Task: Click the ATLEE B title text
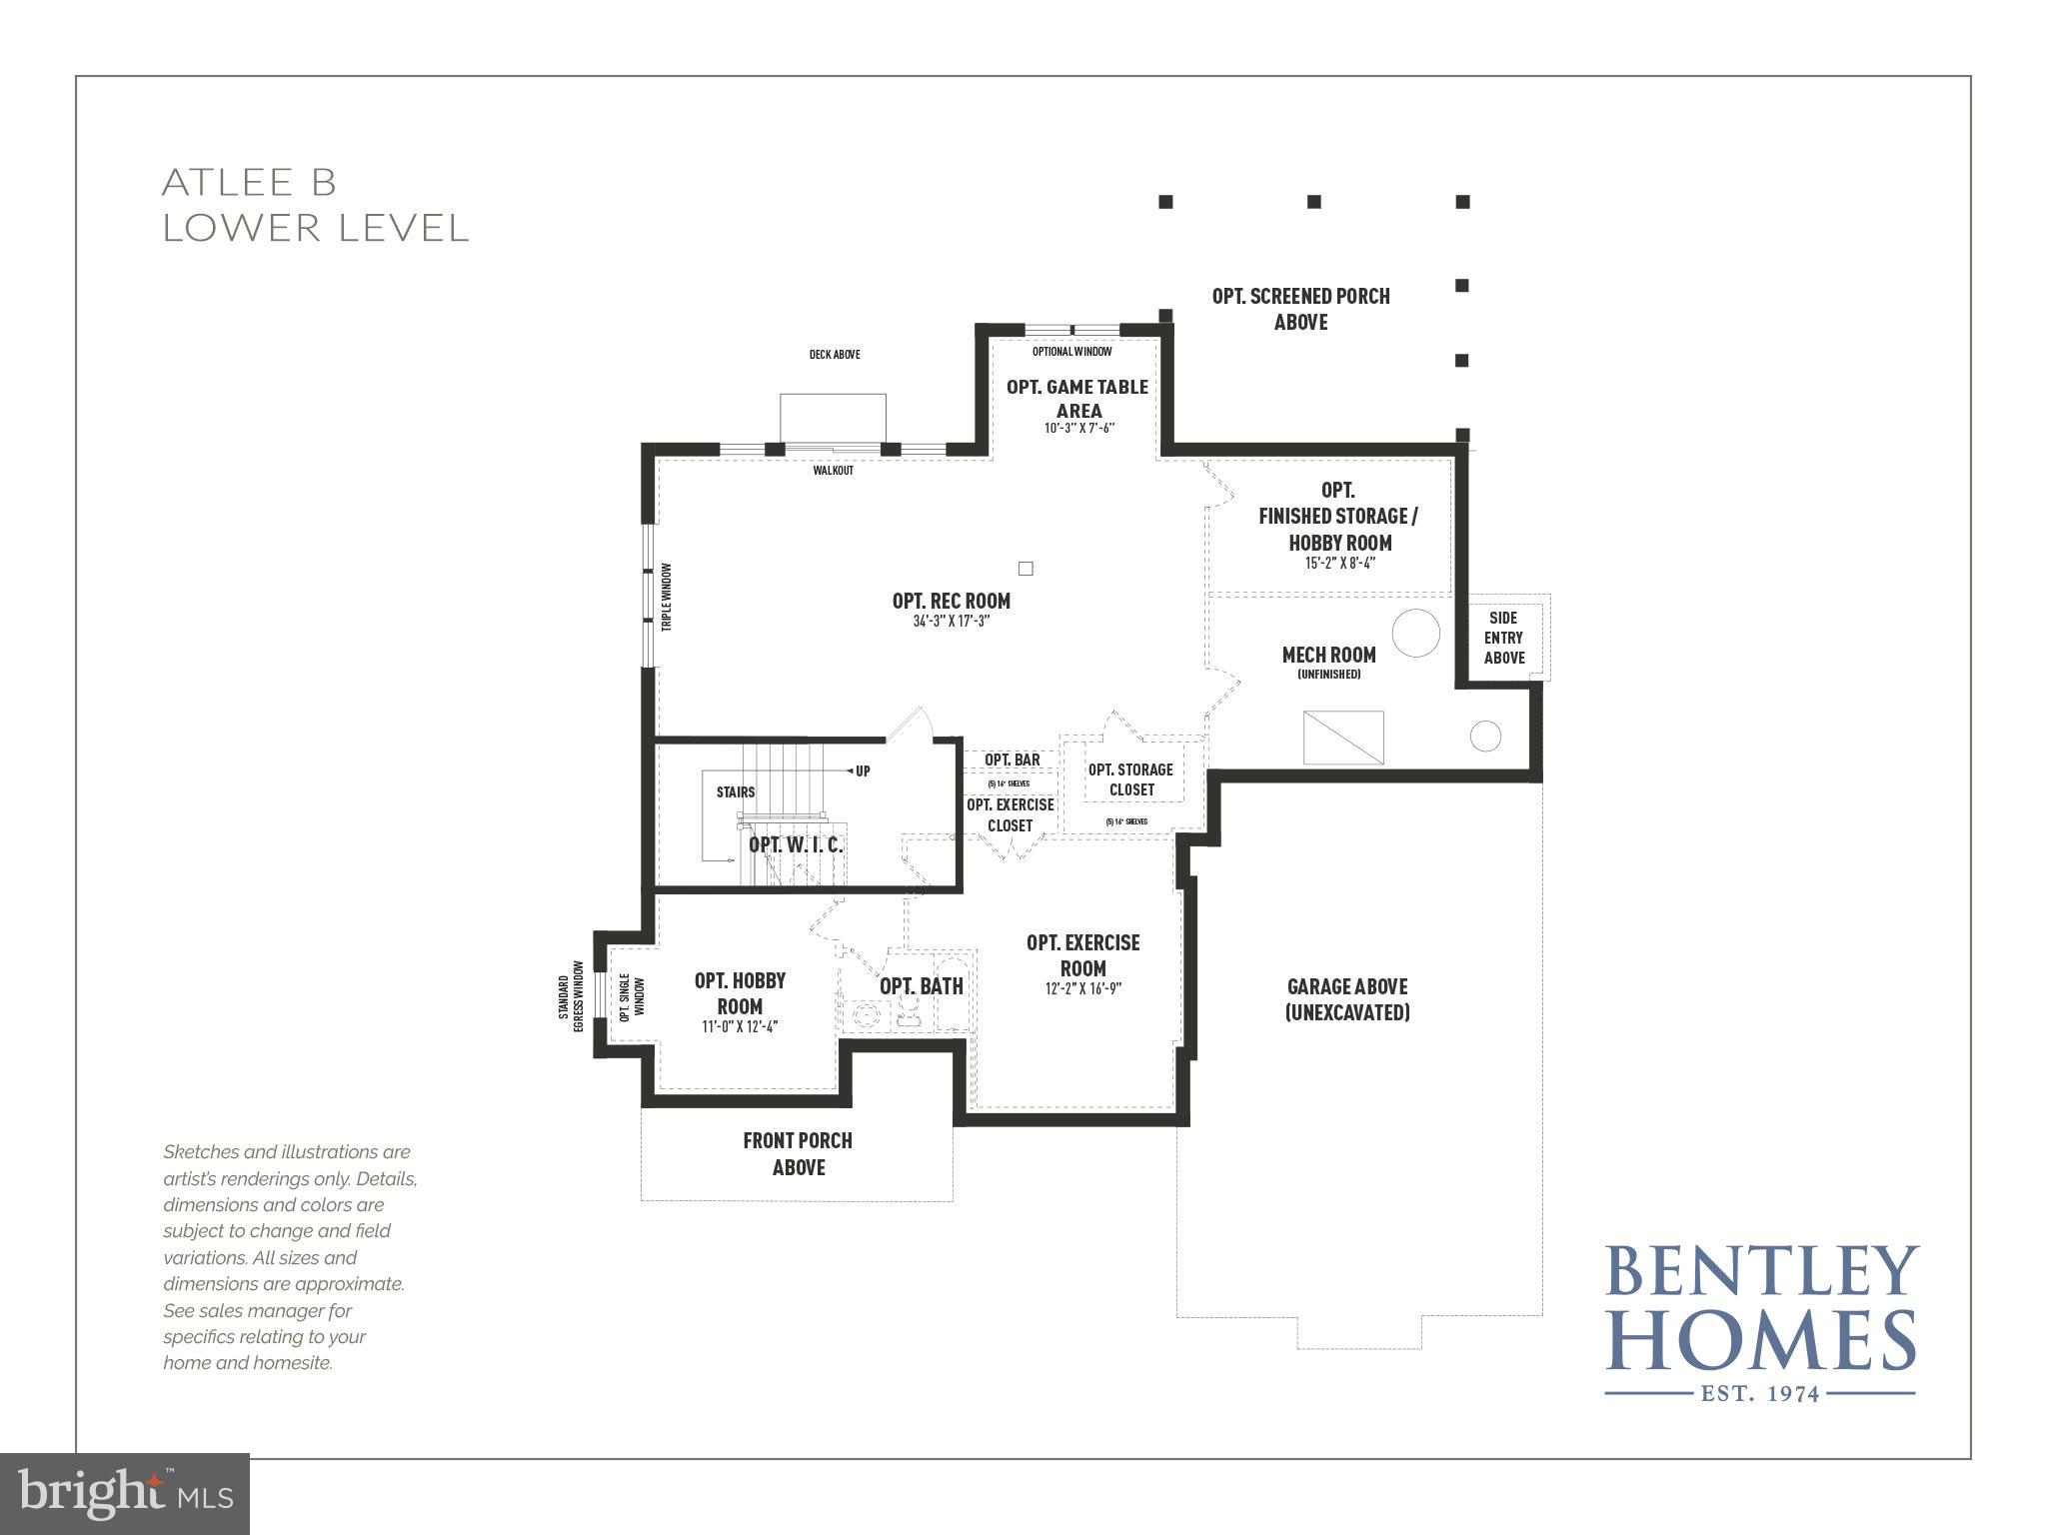tap(250, 183)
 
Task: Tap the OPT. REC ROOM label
tap(951, 601)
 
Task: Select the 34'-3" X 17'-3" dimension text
tap(951, 622)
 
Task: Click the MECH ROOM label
tap(1328, 655)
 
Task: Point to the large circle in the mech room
tap(1415, 633)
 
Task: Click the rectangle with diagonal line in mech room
tap(1343, 738)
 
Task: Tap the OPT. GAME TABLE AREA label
tap(1077, 398)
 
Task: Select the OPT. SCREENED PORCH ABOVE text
tap(1300, 308)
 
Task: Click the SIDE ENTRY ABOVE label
tap(1503, 638)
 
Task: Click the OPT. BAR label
tap(1012, 760)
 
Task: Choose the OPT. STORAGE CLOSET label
tap(1130, 779)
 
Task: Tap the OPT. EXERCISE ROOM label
tap(1082, 954)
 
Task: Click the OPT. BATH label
tap(921, 986)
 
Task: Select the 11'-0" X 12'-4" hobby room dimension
tap(740, 1026)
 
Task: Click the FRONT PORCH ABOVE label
tap(798, 1153)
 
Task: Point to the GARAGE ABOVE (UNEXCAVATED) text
tap(1346, 999)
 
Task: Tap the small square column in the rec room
tap(1024, 569)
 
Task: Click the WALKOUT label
tap(833, 470)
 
